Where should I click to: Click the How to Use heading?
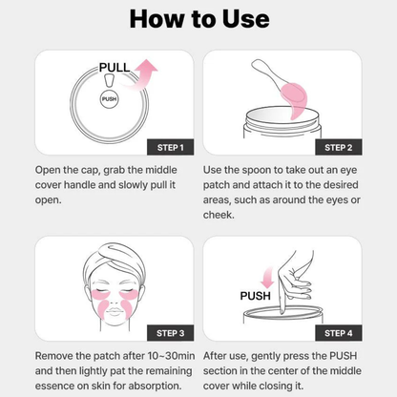[198, 18]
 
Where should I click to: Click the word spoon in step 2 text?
[253, 169]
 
